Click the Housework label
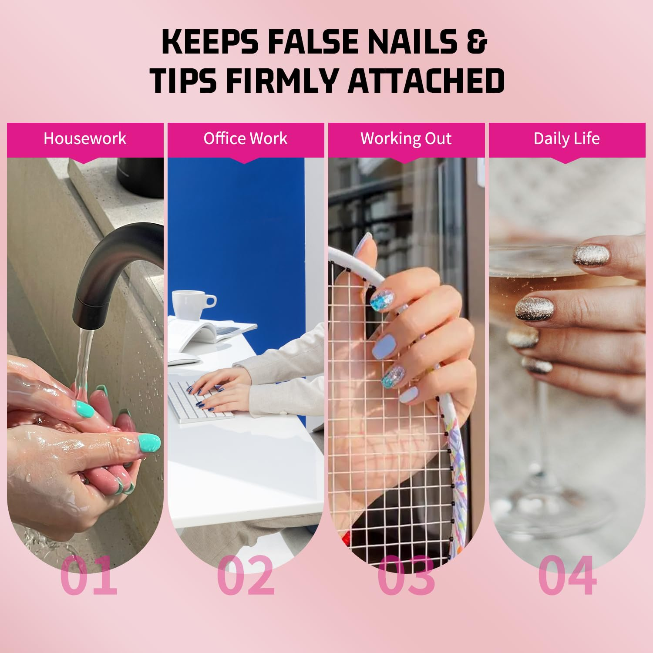click(x=85, y=138)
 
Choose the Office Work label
click(x=246, y=138)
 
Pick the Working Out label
click(x=406, y=138)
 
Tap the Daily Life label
click(x=567, y=138)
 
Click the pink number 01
click(x=89, y=576)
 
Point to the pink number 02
click(x=246, y=576)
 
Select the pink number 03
click(x=406, y=576)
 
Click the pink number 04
click(x=567, y=576)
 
